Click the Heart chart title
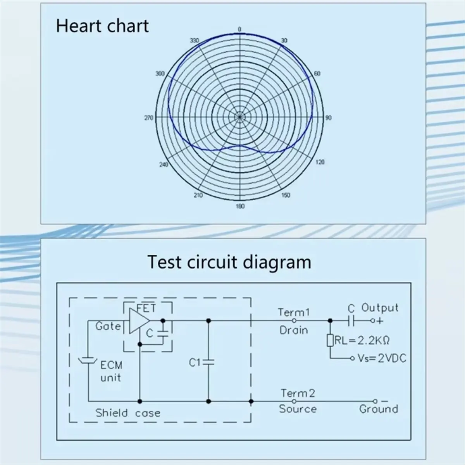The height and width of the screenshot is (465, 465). pos(102,26)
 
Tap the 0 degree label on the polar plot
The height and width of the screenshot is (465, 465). pos(239,29)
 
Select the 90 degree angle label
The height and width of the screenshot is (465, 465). pos(329,118)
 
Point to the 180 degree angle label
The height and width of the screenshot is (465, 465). pos(240,206)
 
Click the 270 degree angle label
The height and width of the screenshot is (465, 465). pos(149,118)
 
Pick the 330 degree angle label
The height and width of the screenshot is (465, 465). pos(194,40)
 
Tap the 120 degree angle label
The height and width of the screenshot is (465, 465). pos(320,162)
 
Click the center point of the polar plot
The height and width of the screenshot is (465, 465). pos(239,117)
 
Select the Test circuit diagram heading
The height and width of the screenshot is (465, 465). pos(229,262)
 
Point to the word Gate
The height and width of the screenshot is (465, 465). pos(108,326)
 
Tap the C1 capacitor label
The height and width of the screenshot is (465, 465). pos(195,362)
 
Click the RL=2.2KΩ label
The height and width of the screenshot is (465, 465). pos(362,341)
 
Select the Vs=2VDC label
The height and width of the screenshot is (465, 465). pos(382,358)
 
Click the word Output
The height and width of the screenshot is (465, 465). pos(380,308)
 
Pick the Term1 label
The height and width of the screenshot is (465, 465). pos(294,312)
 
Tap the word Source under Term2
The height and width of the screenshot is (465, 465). pos(298,409)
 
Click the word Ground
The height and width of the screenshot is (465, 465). pos(379,409)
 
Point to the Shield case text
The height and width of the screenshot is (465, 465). pos(128,413)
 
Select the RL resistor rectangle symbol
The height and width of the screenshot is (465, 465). pos(330,340)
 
